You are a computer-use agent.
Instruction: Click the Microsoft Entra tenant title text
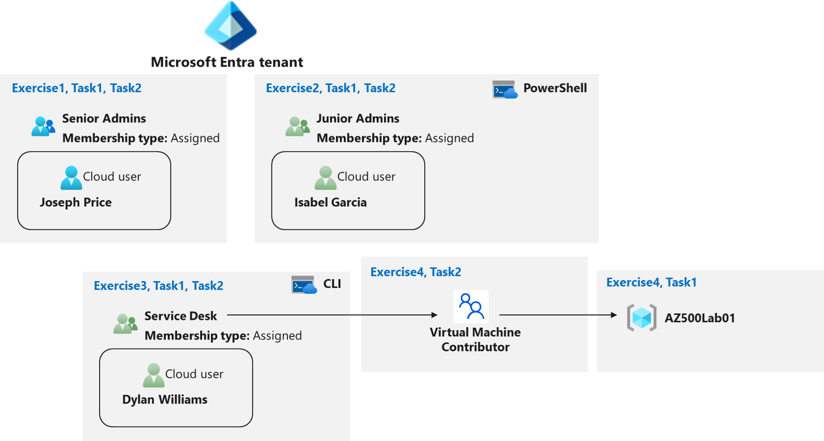click(227, 62)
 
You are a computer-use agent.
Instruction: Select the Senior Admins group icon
click(43, 126)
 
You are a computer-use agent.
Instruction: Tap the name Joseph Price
click(76, 202)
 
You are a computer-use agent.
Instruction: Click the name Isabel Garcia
click(330, 202)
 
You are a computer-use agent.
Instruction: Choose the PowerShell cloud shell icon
click(505, 89)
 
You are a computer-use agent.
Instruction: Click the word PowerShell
click(555, 88)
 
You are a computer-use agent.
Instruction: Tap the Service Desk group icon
click(125, 324)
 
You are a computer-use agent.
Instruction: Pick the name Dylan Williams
click(165, 399)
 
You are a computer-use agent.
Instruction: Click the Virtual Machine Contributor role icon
click(471, 306)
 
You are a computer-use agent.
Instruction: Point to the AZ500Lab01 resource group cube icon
click(641, 317)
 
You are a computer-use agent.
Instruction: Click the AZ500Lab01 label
click(700, 318)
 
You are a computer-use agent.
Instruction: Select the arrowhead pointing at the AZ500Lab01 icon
click(614, 315)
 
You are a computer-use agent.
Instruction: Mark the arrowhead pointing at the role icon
click(434, 315)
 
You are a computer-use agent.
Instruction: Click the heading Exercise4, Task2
click(415, 272)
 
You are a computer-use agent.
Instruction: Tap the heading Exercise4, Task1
click(651, 282)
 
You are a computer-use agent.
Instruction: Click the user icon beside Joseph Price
click(71, 178)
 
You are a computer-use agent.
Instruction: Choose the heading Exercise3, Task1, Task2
click(159, 286)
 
